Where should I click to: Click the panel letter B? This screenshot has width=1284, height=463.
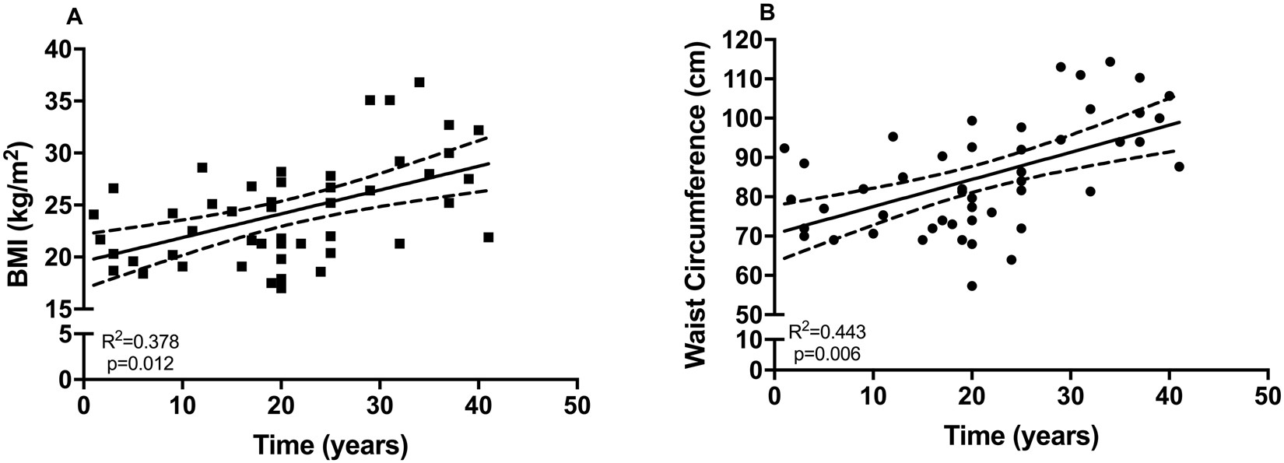coord(767,13)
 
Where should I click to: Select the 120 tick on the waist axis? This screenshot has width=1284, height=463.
coord(745,40)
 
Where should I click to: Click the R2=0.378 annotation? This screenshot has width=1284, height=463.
coord(142,342)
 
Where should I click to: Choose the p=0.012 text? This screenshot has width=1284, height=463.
coord(139,363)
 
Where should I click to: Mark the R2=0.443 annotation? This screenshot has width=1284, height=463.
coord(827,333)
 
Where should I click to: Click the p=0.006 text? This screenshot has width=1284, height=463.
coord(826,355)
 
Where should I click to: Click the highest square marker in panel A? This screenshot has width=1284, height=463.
coord(419,82)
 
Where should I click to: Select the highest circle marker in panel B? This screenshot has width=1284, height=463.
coord(1110,61)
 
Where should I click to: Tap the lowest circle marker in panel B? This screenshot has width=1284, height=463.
coord(971,286)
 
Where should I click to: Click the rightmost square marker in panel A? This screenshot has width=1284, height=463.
coord(488,237)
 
